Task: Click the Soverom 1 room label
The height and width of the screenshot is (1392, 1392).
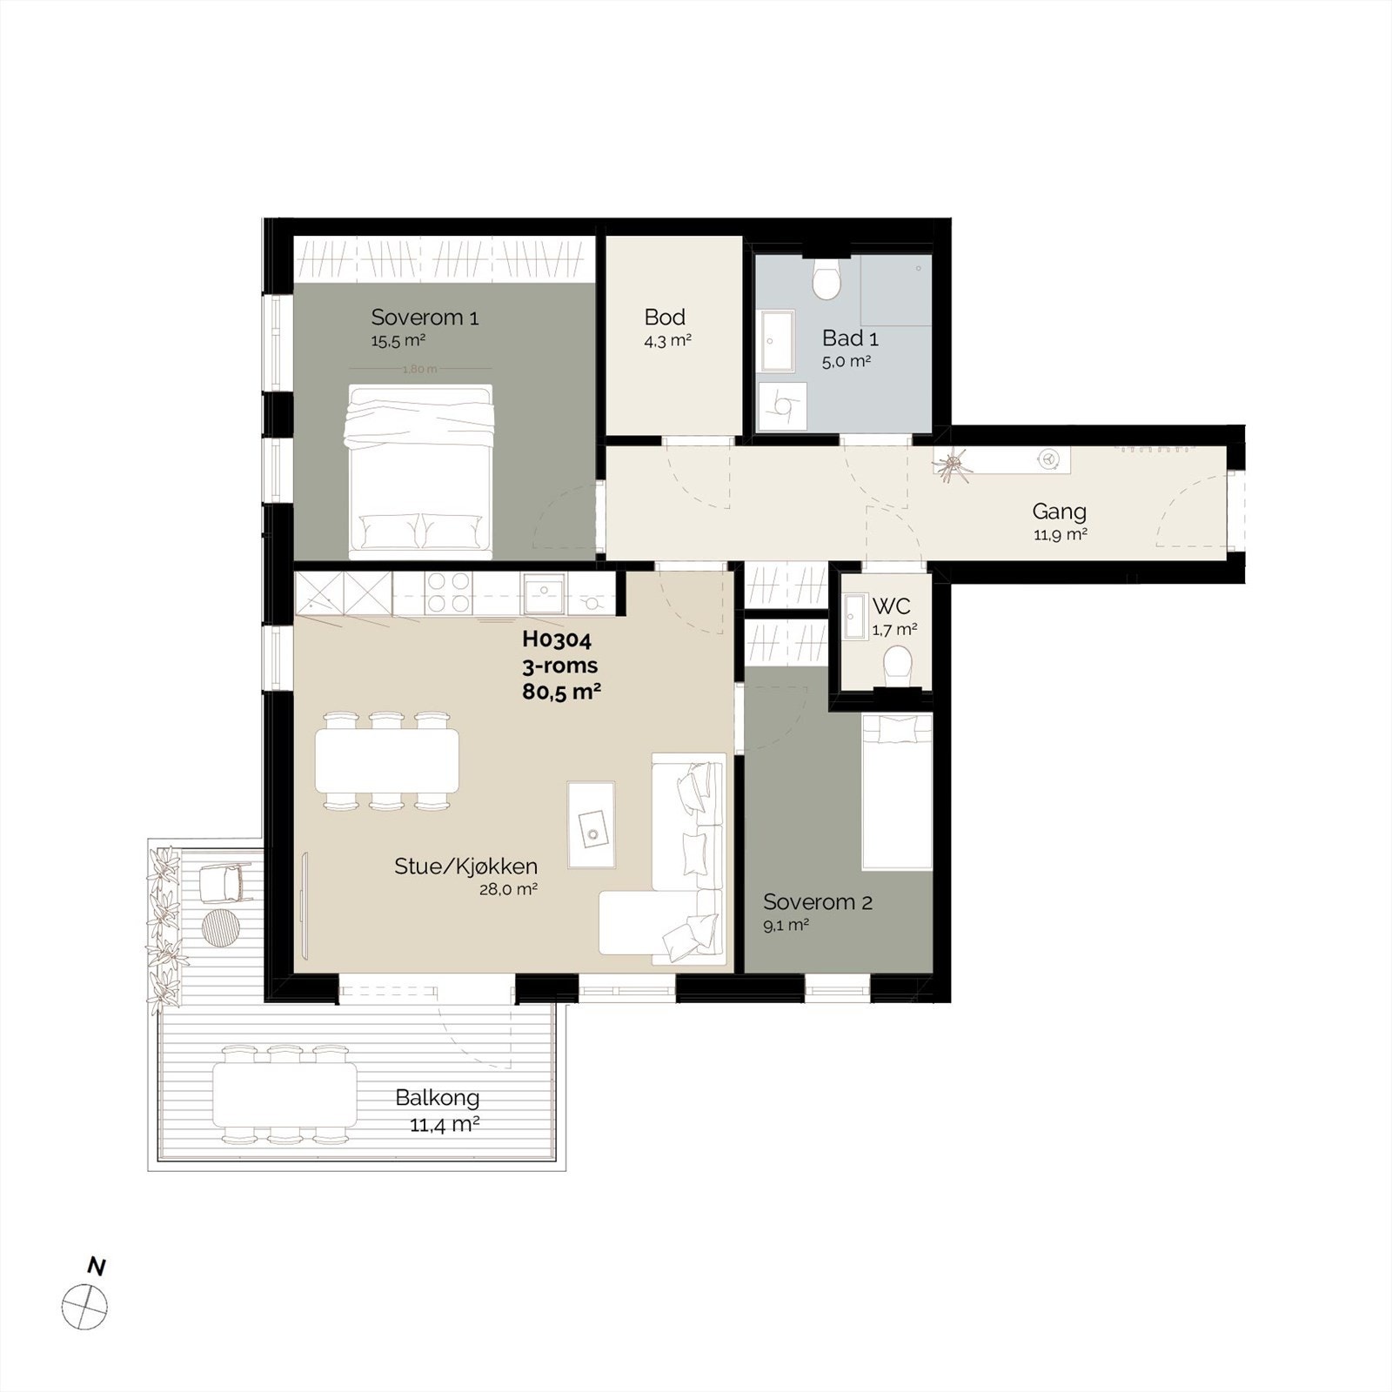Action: [x=425, y=318]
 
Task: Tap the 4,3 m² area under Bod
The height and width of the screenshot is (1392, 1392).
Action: [x=667, y=341]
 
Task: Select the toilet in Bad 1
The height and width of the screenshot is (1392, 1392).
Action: [x=826, y=280]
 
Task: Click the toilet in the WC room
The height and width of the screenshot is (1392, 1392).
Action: [x=897, y=666]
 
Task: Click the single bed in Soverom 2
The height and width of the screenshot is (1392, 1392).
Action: [x=897, y=792]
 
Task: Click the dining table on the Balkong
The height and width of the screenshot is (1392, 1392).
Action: [x=285, y=1094]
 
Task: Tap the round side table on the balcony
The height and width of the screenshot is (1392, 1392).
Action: [x=219, y=926]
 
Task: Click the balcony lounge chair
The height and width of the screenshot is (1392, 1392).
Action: [x=222, y=884]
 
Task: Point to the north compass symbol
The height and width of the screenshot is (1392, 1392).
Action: [x=85, y=1307]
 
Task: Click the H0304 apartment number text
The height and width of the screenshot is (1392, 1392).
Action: [x=557, y=639]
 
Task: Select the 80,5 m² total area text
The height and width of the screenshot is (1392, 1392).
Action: [x=562, y=692]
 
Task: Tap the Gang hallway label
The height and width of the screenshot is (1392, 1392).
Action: [x=1059, y=512]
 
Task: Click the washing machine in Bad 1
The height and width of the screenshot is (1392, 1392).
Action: [x=782, y=407]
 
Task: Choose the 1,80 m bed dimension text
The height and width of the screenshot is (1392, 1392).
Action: [x=419, y=369]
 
